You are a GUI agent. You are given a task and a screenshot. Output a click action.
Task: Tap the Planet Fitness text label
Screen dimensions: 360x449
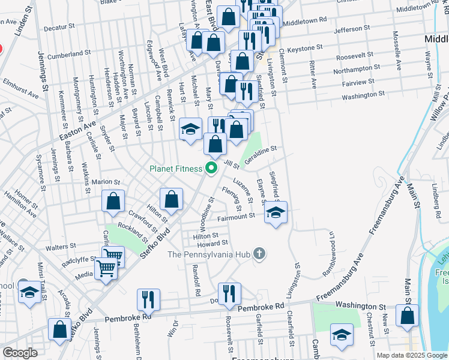176,169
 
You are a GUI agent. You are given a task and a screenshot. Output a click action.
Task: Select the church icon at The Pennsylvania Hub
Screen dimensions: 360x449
259,254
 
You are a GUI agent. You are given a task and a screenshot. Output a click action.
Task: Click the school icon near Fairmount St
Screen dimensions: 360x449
276,214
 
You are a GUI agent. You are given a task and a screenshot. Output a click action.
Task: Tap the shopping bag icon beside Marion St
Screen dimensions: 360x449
113,202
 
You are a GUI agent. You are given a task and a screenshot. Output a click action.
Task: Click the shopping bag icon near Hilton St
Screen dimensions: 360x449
171,200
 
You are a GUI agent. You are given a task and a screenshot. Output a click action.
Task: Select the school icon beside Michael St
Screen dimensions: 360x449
190,130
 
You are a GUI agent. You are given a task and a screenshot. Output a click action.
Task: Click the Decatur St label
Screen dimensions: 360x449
58,27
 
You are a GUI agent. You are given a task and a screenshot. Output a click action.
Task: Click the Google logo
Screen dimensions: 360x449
20,353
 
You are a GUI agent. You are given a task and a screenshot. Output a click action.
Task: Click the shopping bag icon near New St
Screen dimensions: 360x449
407,317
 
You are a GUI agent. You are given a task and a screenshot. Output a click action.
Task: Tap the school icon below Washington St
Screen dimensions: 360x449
342,336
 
